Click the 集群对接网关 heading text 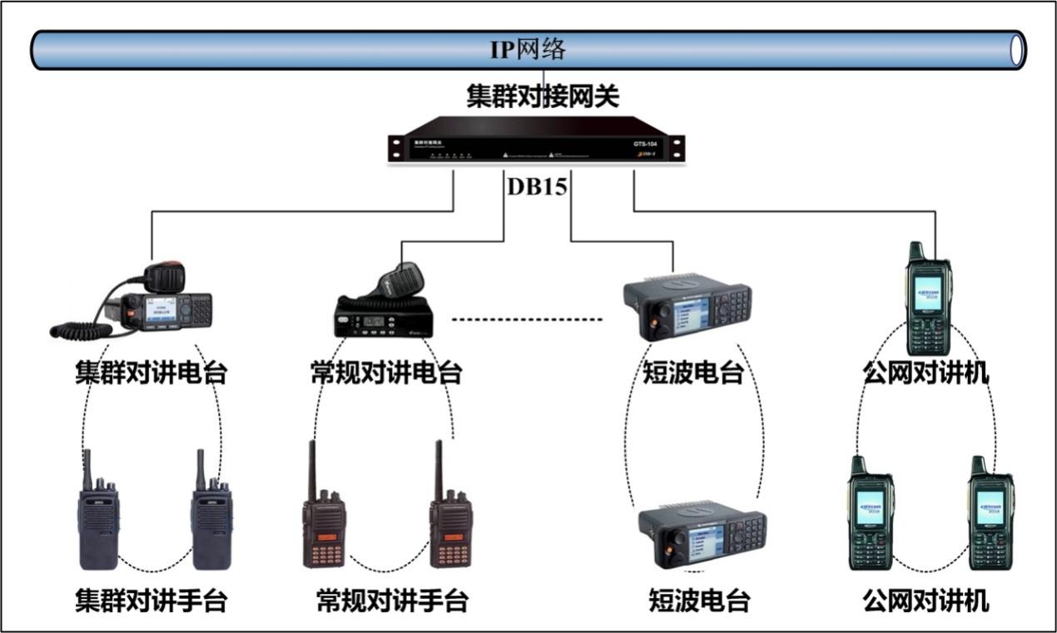point(543,97)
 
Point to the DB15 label point(537,188)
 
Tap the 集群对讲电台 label point(151,373)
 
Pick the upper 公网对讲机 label point(926,373)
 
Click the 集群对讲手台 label point(151,600)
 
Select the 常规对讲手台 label point(392,600)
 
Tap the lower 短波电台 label point(699,600)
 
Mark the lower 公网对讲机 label point(926,600)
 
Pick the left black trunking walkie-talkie point(97,516)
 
